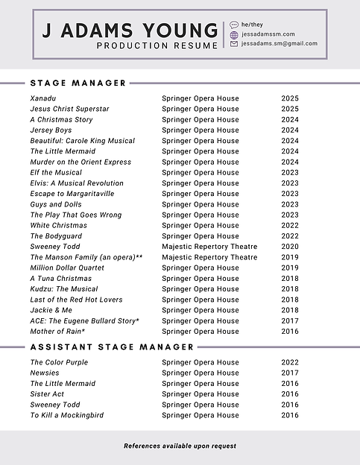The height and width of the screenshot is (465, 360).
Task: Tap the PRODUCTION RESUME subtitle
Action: tap(157, 45)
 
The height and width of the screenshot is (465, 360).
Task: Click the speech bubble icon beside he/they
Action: tap(234, 25)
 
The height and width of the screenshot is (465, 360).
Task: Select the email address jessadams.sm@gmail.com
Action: tap(280, 43)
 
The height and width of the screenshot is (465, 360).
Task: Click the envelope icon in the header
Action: tap(234, 43)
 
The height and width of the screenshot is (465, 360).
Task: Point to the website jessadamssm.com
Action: tap(268, 34)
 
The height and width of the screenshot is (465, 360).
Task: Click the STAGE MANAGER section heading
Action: tap(78, 83)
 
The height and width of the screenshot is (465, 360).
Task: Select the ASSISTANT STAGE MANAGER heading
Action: tap(112, 347)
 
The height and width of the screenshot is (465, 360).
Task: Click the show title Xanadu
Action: tap(44, 98)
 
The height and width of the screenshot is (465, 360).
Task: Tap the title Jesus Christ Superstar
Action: tap(69, 109)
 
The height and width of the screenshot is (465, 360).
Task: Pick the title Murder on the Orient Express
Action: tap(80, 162)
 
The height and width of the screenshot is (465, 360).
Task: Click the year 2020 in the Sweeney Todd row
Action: tap(290, 247)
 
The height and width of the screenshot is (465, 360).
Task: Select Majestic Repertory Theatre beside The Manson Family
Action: tap(209, 257)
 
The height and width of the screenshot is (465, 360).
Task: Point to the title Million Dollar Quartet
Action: tap(67, 268)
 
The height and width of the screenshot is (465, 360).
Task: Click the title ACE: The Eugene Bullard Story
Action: tap(84, 320)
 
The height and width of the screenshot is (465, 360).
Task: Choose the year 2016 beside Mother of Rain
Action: tap(290, 331)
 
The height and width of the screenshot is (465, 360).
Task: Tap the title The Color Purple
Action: tap(59, 362)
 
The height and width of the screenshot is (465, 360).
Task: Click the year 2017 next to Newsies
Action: tap(290, 373)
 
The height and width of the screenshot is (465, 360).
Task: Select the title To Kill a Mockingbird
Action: tap(67, 415)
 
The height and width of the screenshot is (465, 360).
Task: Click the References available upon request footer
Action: tap(180, 446)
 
